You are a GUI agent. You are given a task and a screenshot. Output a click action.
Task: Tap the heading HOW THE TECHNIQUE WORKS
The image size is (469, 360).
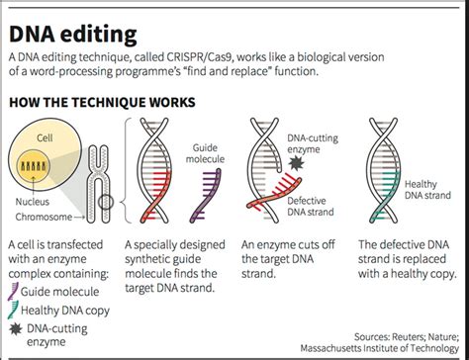coord(103,101)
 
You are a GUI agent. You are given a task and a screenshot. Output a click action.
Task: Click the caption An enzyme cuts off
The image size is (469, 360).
coord(293,243)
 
